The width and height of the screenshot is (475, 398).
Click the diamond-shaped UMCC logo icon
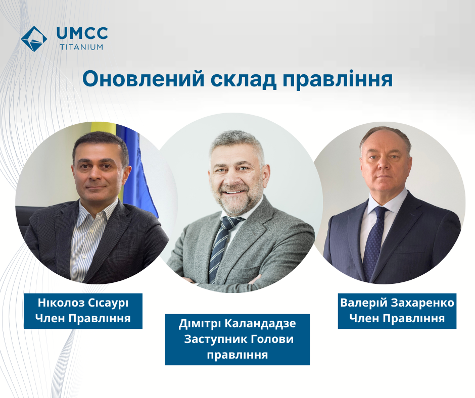pos(34,39)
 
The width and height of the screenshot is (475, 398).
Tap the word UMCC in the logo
pos(82,33)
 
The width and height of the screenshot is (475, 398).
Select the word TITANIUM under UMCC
pos(81,47)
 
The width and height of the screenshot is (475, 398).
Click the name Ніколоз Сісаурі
pos(83,303)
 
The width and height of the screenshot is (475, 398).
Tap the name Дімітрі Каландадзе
pos(237,323)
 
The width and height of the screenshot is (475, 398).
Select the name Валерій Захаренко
pos(397,303)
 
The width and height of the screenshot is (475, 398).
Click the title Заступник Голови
pos(239,339)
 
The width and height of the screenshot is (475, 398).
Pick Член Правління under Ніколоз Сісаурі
pos(83,318)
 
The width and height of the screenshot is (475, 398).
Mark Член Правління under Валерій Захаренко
pos(397,318)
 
